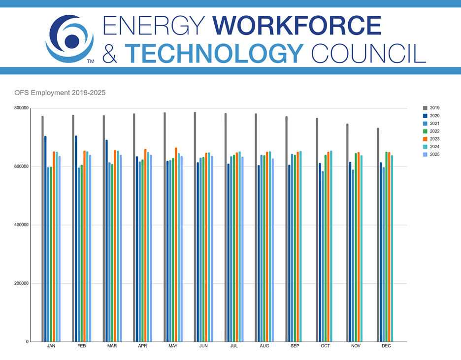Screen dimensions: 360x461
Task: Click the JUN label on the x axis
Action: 203,347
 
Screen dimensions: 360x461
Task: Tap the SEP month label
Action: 295,347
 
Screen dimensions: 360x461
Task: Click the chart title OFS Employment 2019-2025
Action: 67,93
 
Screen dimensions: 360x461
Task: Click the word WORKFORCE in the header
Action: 298,25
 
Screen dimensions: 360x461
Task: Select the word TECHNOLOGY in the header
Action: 214,53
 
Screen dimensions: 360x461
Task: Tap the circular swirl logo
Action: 70,39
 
